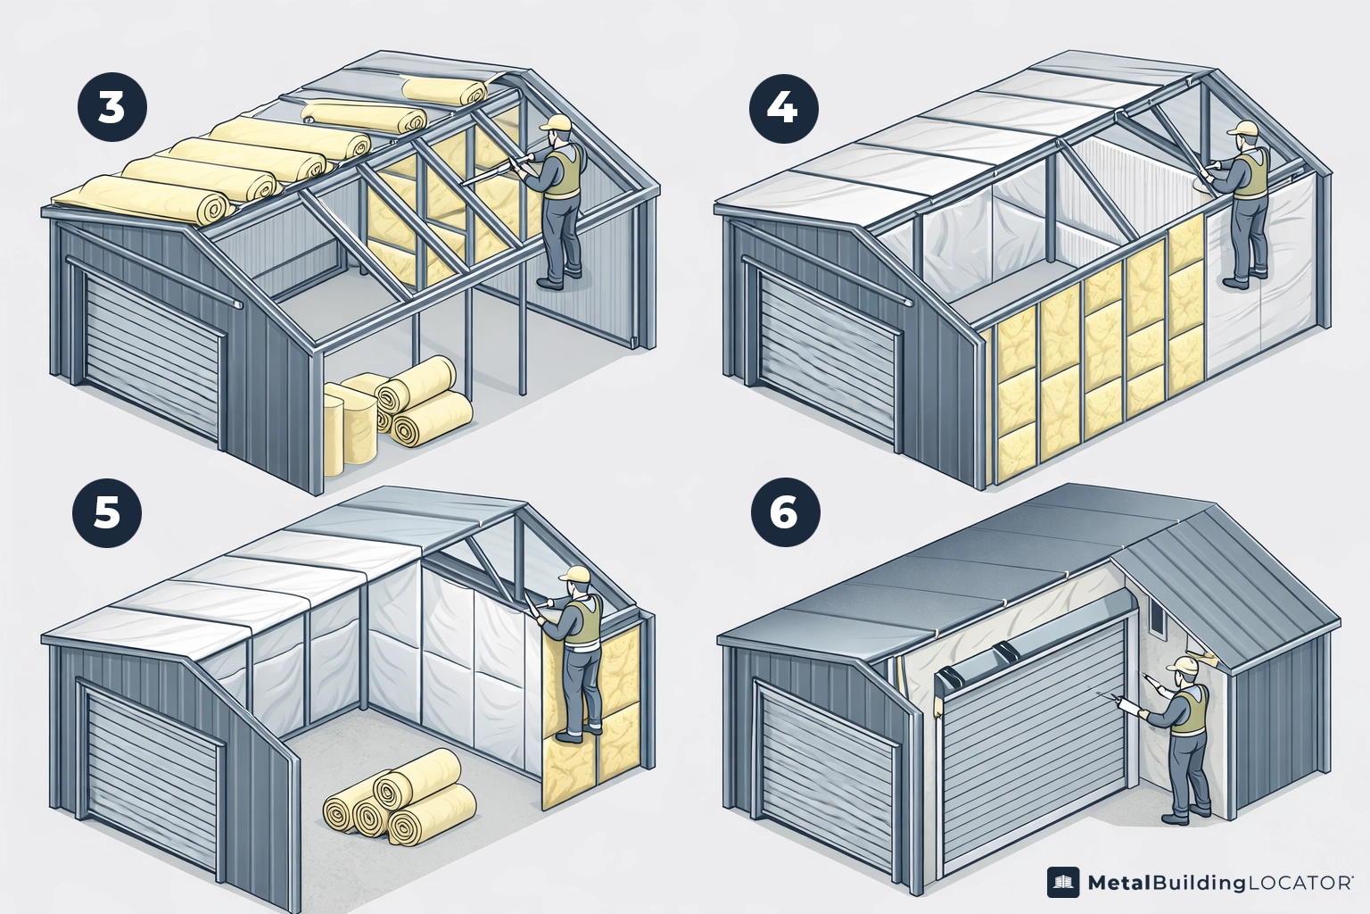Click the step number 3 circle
pos(111,108)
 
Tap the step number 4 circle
pos(782,108)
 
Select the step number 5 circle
pos(106,513)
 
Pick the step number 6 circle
pos(784,513)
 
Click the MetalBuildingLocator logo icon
pos(1063,883)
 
